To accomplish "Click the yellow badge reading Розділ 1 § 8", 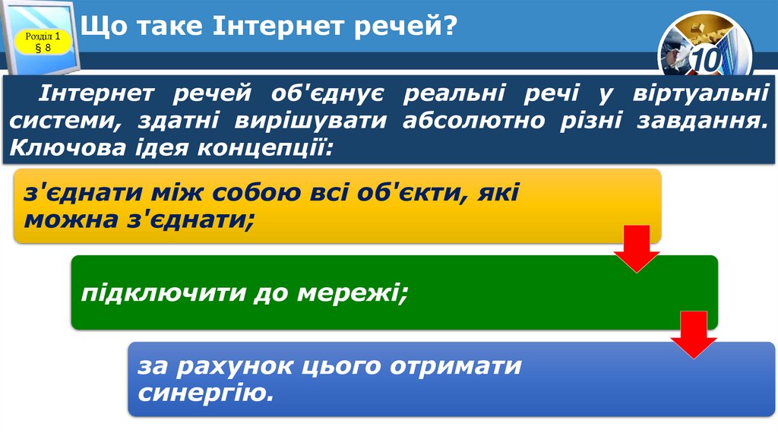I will click(43, 42).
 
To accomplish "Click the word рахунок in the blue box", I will click(248, 366).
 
